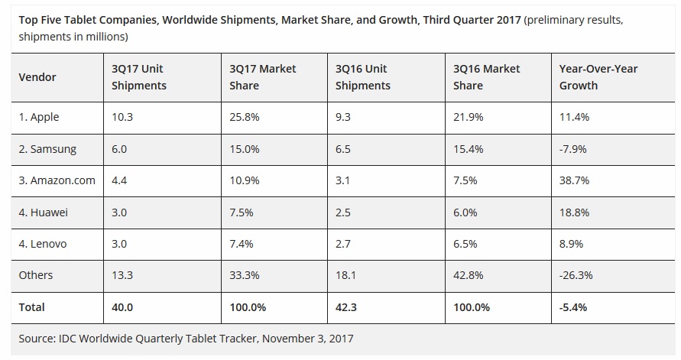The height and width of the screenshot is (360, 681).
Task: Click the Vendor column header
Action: click(x=37, y=77)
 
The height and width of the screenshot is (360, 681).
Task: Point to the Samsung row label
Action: click(x=47, y=149)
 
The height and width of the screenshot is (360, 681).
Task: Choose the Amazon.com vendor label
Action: click(x=57, y=180)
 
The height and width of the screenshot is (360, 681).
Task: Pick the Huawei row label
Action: click(x=43, y=212)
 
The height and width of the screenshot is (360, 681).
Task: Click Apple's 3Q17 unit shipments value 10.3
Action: click(x=122, y=117)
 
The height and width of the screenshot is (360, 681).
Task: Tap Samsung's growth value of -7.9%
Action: click(x=573, y=149)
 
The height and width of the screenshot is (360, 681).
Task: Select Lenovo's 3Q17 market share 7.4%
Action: click(x=242, y=244)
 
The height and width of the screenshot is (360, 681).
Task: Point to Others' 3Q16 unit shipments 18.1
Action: click(x=345, y=275)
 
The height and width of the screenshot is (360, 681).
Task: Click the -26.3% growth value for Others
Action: click(x=576, y=275)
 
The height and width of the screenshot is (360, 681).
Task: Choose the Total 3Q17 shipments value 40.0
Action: click(x=123, y=307)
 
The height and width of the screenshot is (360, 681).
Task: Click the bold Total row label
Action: click(x=32, y=307)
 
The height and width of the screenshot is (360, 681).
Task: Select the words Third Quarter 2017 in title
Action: click(x=470, y=20)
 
